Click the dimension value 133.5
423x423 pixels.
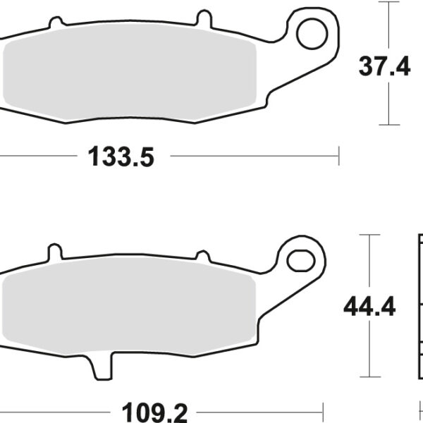[121, 157]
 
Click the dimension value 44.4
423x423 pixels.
[369, 307]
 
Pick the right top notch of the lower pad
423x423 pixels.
[202, 257]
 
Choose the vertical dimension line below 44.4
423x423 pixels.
[369, 349]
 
